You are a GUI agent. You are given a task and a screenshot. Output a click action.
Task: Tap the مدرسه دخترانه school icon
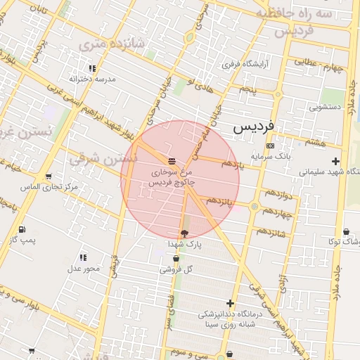[92, 69]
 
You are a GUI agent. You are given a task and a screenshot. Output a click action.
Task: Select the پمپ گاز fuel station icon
[22, 229]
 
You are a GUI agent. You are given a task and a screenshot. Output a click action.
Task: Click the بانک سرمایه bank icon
[270, 146]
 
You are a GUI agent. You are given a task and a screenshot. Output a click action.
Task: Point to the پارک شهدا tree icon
[184, 232]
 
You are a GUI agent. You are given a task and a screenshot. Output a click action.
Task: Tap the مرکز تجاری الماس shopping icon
[48, 176]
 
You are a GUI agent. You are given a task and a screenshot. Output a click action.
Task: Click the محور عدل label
[84, 268]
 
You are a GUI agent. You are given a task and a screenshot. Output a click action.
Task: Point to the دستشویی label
[326, 108]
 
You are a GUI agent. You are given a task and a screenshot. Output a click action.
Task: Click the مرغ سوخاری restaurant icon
[172, 160]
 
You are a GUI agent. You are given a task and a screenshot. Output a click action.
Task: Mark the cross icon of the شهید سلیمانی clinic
[335, 161]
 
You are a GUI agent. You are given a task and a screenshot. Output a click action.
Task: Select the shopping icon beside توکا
[346, 231]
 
